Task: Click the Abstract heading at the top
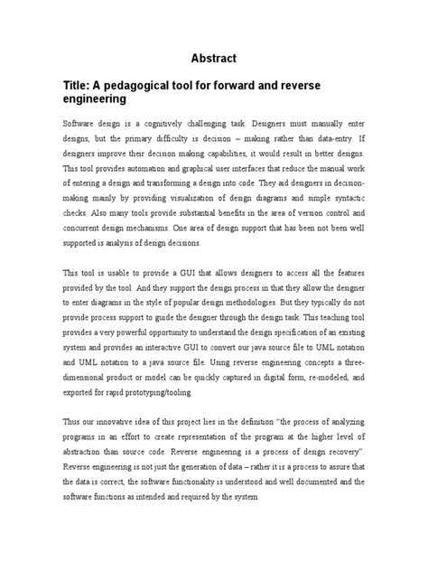pos(214,58)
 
